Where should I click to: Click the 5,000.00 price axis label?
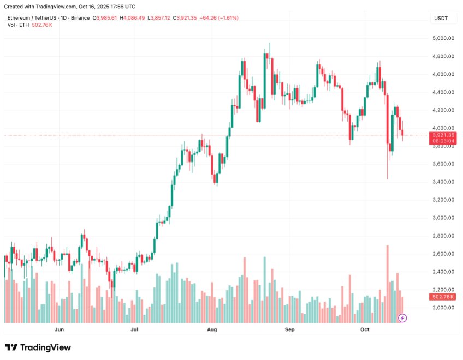(443, 38)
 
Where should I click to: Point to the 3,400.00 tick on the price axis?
(443, 182)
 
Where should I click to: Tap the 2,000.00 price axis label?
(443, 308)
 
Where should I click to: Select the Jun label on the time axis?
(60, 329)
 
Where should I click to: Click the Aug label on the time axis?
(212, 329)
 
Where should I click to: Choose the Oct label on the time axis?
(365, 329)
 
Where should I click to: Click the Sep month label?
(290, 329)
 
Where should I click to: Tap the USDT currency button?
(441, 18)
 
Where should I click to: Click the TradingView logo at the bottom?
(38, 347)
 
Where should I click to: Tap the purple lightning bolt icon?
(403, 317)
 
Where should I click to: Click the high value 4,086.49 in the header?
(133, 18)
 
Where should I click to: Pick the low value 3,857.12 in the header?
(159, 18)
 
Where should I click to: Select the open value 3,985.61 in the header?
(107, 18)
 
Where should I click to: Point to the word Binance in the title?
(79, 18)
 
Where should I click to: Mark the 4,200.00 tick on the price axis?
(443, 110)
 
